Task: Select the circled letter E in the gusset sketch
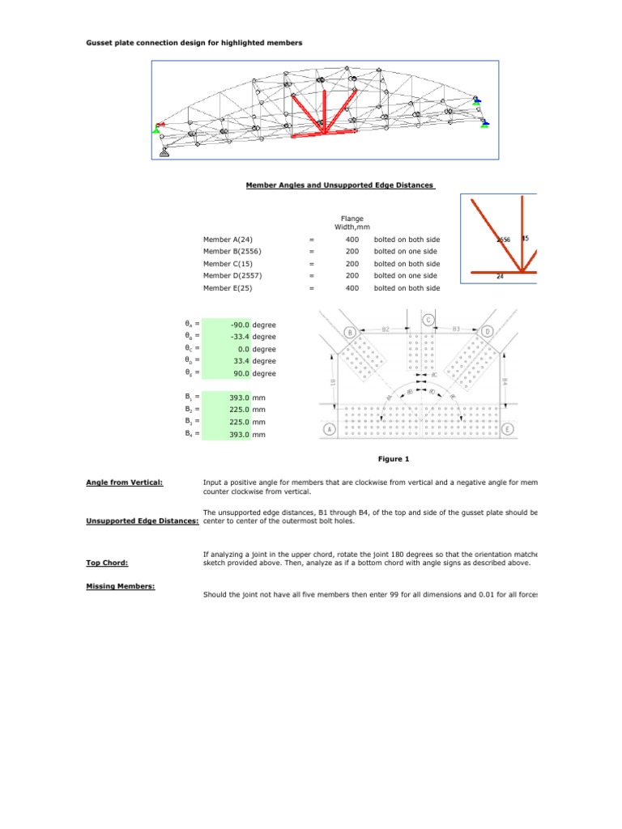[507, 429]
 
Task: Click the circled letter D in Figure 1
[488, 332]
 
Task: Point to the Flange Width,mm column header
[351, 223]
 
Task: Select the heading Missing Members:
[120, 585]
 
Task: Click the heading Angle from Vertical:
[125, 483]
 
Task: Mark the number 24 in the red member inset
[500, 276]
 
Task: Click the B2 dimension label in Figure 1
[386, 329]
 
